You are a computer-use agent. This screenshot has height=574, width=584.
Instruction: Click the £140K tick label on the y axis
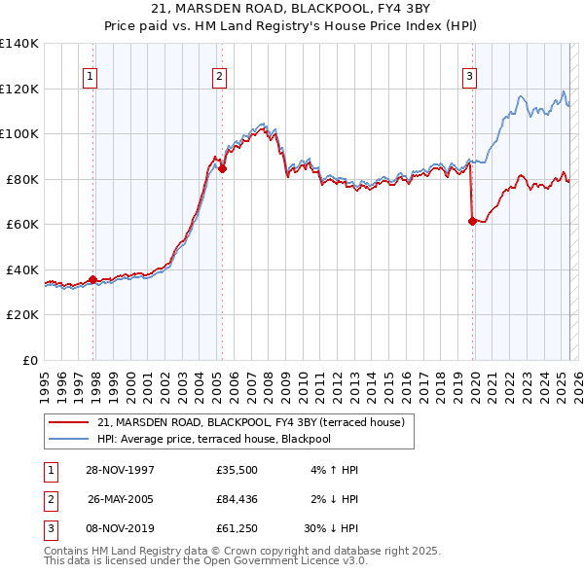click(x=19, y=44)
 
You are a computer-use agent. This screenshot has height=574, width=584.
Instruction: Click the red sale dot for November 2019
click(x=472, y=222)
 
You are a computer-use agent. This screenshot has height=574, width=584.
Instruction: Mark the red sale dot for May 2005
click(x=223, y=169)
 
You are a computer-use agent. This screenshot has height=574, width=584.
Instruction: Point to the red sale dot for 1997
click(x=93, y=280)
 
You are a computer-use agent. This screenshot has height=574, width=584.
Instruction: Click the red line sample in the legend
click(x=70, y=422)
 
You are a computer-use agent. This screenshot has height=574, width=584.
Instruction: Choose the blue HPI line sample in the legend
click(x=70, y=439)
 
